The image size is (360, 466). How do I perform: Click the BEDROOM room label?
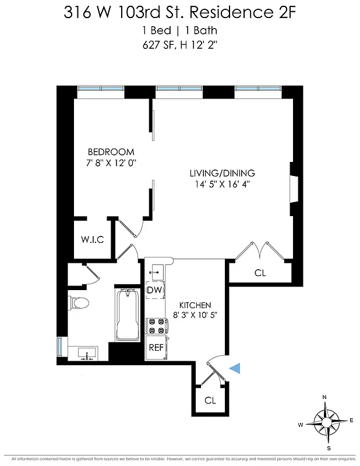tap(111, 151)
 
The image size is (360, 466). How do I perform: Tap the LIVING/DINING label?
tap(222, 173)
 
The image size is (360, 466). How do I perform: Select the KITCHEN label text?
tap(195, 305)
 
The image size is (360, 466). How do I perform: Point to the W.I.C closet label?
tap(92, 239)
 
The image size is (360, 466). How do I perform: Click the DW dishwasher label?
tap(154, 290)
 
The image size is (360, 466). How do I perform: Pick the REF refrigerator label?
tap(156, 347)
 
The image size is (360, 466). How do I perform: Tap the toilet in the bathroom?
tap(79, 303)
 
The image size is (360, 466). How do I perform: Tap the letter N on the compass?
tap(326, 397)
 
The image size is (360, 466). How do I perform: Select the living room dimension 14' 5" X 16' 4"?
tap(222, 185)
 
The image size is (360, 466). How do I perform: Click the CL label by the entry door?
tap(210, 401)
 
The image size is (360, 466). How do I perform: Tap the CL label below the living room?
tap(260, 273)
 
